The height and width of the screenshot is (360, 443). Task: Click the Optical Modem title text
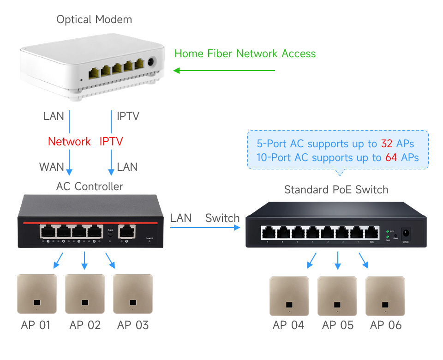pyautogui.click(x=94, y=19)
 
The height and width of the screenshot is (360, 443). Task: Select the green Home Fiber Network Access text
pyautogui.click(x=245, y=54)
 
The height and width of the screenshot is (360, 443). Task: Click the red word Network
pyautogui.click(x=69, y=141)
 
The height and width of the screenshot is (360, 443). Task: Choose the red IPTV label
pyautogui.click(x=111, y=141)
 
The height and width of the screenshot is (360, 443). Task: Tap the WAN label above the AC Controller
pyautogui.click(x=52, y=167)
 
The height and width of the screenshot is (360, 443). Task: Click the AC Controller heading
pyautogui.click(x=90, y=186)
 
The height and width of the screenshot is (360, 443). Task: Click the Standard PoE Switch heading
pyautogui.click(x=336, y=190)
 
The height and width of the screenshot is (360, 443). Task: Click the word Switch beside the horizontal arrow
pyautogui.click(x=222, y=218)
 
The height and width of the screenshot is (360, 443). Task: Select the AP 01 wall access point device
pyautogui.click(x=37, y=294)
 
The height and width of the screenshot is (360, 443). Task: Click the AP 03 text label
pyautogui.click(x=133, y=325)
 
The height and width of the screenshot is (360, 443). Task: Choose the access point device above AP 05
pyautogui.click(x=337, y=296)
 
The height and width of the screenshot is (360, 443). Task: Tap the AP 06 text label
pyautogui.click(x=386, y=325)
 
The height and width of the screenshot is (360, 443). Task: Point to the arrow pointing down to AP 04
pyautogui.click(x=312, y=261)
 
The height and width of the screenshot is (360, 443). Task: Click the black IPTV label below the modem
pyautogui.click(x=128, y=116)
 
